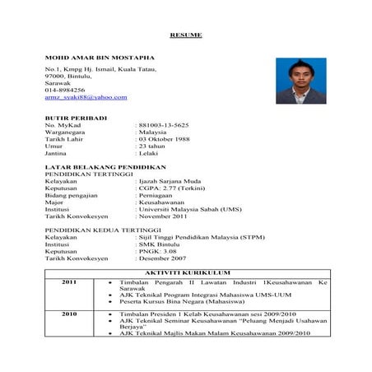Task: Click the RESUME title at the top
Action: pyautogui.click(x=185, y=35)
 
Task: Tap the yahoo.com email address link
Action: pyautogui.click(x=86, y=97)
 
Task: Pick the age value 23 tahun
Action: pyautogui.click(x=156, y=146)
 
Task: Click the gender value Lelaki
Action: pyautogui.click(x=151, y=154)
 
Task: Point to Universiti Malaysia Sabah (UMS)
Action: pyautogui.click(x=189, y=210)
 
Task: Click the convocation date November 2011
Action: pyautogui.click(x=168, y=217)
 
